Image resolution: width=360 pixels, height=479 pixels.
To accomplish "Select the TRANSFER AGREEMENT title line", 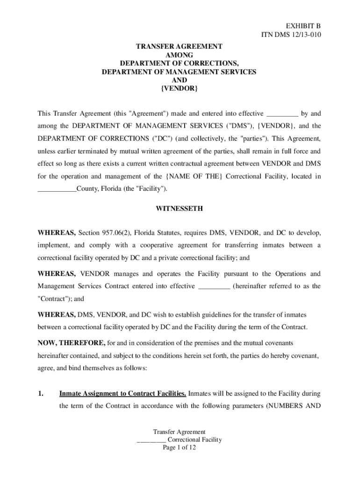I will pos(179,47).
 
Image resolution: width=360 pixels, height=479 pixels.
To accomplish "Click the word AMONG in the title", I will pos(180,55).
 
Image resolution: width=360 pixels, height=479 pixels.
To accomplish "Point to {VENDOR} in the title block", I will pos(180,88).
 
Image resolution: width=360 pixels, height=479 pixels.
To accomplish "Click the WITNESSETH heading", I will pos(180,209).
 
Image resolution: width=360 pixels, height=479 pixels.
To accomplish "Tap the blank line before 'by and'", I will pos(282,114).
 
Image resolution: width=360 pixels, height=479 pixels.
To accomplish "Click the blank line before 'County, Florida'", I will pos(57,189).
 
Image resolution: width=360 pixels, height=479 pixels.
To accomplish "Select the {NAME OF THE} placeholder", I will pos(194,176).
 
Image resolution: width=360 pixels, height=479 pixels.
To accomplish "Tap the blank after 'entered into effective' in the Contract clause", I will pos(214,286).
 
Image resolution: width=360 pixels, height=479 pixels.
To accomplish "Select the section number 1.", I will pos(41,393).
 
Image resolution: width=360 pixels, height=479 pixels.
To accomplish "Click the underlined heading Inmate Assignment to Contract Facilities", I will pos(123,393).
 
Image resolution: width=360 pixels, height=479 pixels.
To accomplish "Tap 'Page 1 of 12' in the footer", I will pos(179,448).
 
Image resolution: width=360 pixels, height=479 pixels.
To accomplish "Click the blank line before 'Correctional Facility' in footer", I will pos(151,440).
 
